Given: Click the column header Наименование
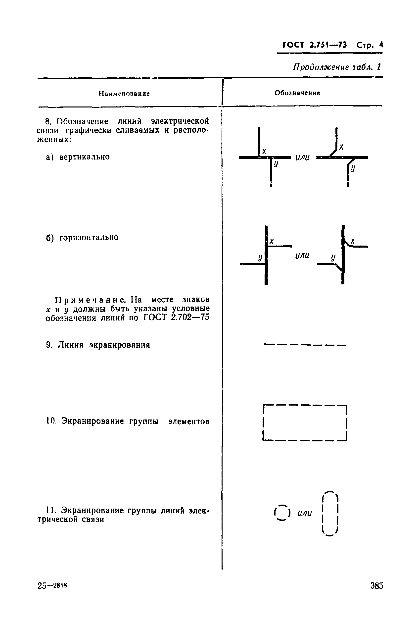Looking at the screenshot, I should [x=124, y=94].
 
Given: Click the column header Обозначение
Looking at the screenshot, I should [x=297, y=93].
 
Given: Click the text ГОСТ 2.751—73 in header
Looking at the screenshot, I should [x=315, y=45].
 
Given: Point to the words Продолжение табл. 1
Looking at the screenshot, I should [x=337, y=67].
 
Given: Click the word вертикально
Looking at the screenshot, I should [x=84, y=157].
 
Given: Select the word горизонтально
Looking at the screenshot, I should [x=89, y=237].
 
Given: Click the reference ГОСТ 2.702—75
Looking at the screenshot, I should [x=176, y=317].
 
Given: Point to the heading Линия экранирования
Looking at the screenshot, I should [x=104, y=345].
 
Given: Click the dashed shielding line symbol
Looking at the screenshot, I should [x=305, y=345].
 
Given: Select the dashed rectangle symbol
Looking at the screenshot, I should [x=305, y=423].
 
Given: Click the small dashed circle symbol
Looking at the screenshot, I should [x=282, y=513].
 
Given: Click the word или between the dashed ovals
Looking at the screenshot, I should [x=305, y=513].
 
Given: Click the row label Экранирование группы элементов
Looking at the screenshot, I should [x=135, y=421].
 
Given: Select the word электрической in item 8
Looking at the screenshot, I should [x=180, y=121].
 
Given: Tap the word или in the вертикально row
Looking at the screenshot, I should [x=302, y=157].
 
